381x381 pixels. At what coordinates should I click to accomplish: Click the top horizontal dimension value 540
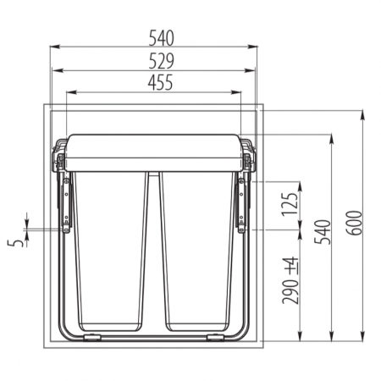pos(161,38)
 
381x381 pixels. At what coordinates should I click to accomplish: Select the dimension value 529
pos(161,61)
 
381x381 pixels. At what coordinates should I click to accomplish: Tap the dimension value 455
pos(160,83)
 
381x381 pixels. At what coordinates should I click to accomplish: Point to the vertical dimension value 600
pos(355,223)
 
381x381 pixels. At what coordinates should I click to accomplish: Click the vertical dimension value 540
pos(323,232)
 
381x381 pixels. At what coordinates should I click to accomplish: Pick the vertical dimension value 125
pos(290,204)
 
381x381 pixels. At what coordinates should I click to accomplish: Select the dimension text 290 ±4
pos(290,280)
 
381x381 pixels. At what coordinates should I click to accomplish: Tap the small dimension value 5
pos(15,243)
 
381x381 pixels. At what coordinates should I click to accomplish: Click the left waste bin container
pos(110,251)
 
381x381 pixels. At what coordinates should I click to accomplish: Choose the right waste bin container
pos(197,251)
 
